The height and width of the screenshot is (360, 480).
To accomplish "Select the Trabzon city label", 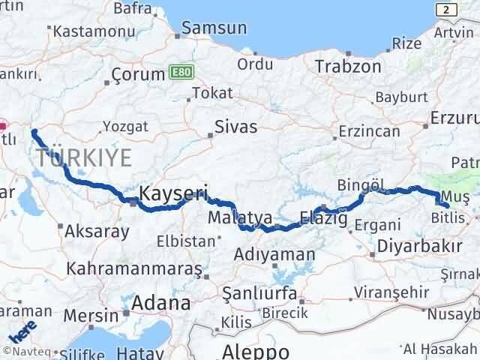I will pyautogui.click(x=348, y=66).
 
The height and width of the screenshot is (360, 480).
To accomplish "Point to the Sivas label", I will pyautogui.click(x=235, y=126).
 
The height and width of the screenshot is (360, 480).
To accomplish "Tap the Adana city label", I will pyautogui.click(x=161, y=303).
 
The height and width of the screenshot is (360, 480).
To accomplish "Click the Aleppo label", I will pyautogui.click(x=256, y=351).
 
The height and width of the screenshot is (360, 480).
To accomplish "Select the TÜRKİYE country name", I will pyautogui.click(x=83, y=157).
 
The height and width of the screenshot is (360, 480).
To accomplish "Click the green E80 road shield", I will pyautogui.click(x=178, y=72).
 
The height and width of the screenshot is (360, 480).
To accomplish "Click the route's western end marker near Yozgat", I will pyautogui.click(x=34, y=133).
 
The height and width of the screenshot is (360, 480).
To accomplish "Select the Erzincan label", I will pyautogui.click(x=369, y=130).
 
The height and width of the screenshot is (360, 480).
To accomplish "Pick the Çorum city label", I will pyautogui.click(x=137, y=74).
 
